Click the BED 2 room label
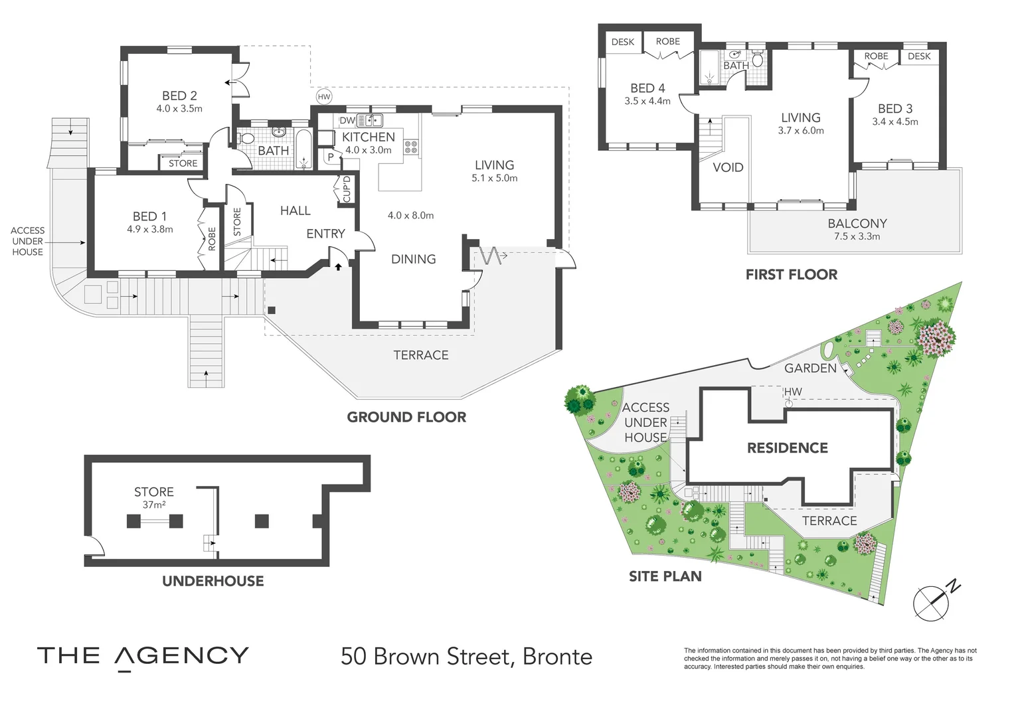pyautogui.click(x=179, y=96)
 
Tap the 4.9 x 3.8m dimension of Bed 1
pyautogui.click(x=150, y=230)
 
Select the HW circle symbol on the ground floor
pyautogui.click(x=324, y=97)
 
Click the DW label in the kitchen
pyautogui.click(x=347, y=121)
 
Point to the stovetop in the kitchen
pyautogui.click(x=411, y=147)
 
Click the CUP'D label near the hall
pyautogui.click(x=347, y=189)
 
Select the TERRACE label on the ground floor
pyautogui.click(x=421, y=355)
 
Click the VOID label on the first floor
pyautogui.click(x=728, y=167)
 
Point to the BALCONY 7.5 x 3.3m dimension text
pyautogui.click(x=857, y=236)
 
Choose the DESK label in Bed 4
pyautogui.click(x=622, y=42)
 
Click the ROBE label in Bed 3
pyautogui.click(x=876, y=56)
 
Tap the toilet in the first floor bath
pyautogui.click(x=757, y=60)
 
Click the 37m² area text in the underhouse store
pyautogui.click(x=154, y=505)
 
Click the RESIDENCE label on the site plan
pyautogui.click(x=788, y=448)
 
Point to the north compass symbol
pyautogui.click(x=933, y=601)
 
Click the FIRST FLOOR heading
pyautogui.click(x=792, y=275)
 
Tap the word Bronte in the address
pyautogui.click(x=557, y=657)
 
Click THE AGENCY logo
pyautogui.click(x=143, y=657)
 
